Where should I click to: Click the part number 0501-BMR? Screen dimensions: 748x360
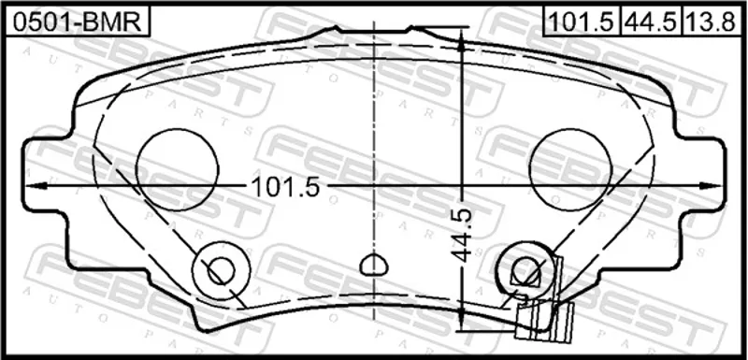pos(77,22)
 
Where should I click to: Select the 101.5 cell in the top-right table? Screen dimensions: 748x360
pos(582,22)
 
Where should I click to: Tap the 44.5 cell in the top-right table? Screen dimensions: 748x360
pos(651,22)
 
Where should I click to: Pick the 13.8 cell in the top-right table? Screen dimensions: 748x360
pos(712,22)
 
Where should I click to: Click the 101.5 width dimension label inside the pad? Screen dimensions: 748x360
pos(285,187)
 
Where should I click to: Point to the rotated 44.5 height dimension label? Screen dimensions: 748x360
pos(461,236)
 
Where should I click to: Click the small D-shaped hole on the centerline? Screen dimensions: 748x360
pos(373,266)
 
